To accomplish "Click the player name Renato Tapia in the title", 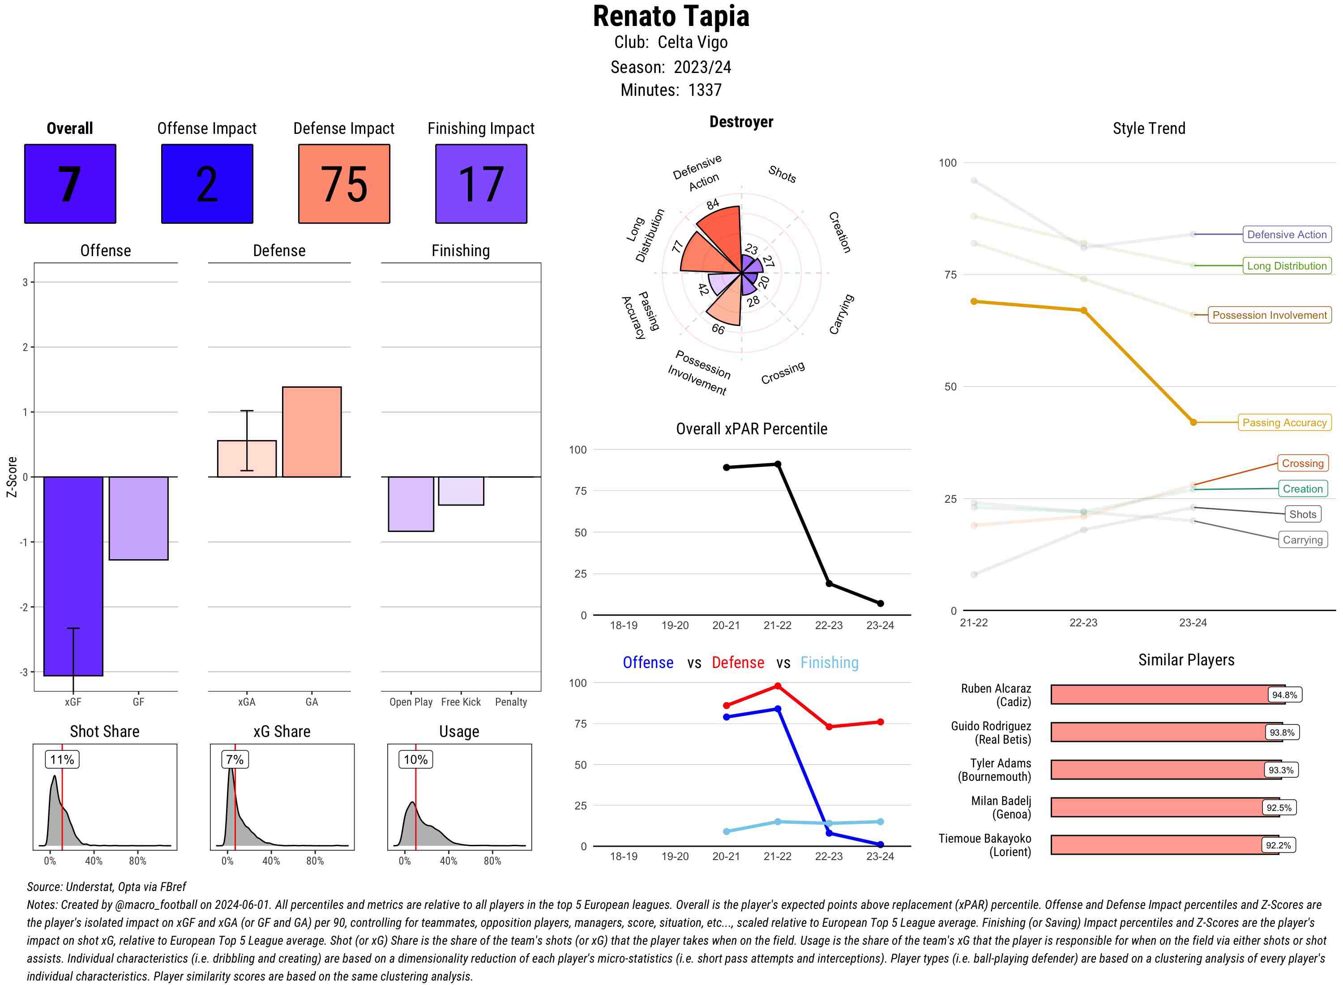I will (671, 17).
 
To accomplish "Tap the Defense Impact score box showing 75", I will (344, 184).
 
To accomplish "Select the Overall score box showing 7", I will (70, 184).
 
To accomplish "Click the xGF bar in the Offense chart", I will (73, 575).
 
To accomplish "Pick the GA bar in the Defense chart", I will (312, 432).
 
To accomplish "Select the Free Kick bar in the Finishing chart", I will (461, 491).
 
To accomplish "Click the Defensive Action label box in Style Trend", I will (1287, 234).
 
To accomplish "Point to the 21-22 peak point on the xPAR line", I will (777, 464).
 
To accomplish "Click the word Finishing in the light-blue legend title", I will (829, 663).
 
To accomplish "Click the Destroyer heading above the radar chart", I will (741, 122).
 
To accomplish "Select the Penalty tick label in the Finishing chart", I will (511, 702).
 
